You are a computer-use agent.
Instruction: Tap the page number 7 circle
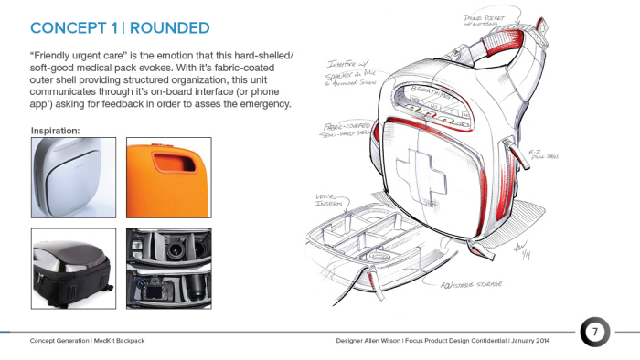594,333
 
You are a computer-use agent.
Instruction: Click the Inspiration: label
56,131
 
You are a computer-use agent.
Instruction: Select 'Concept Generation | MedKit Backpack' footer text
88,340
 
